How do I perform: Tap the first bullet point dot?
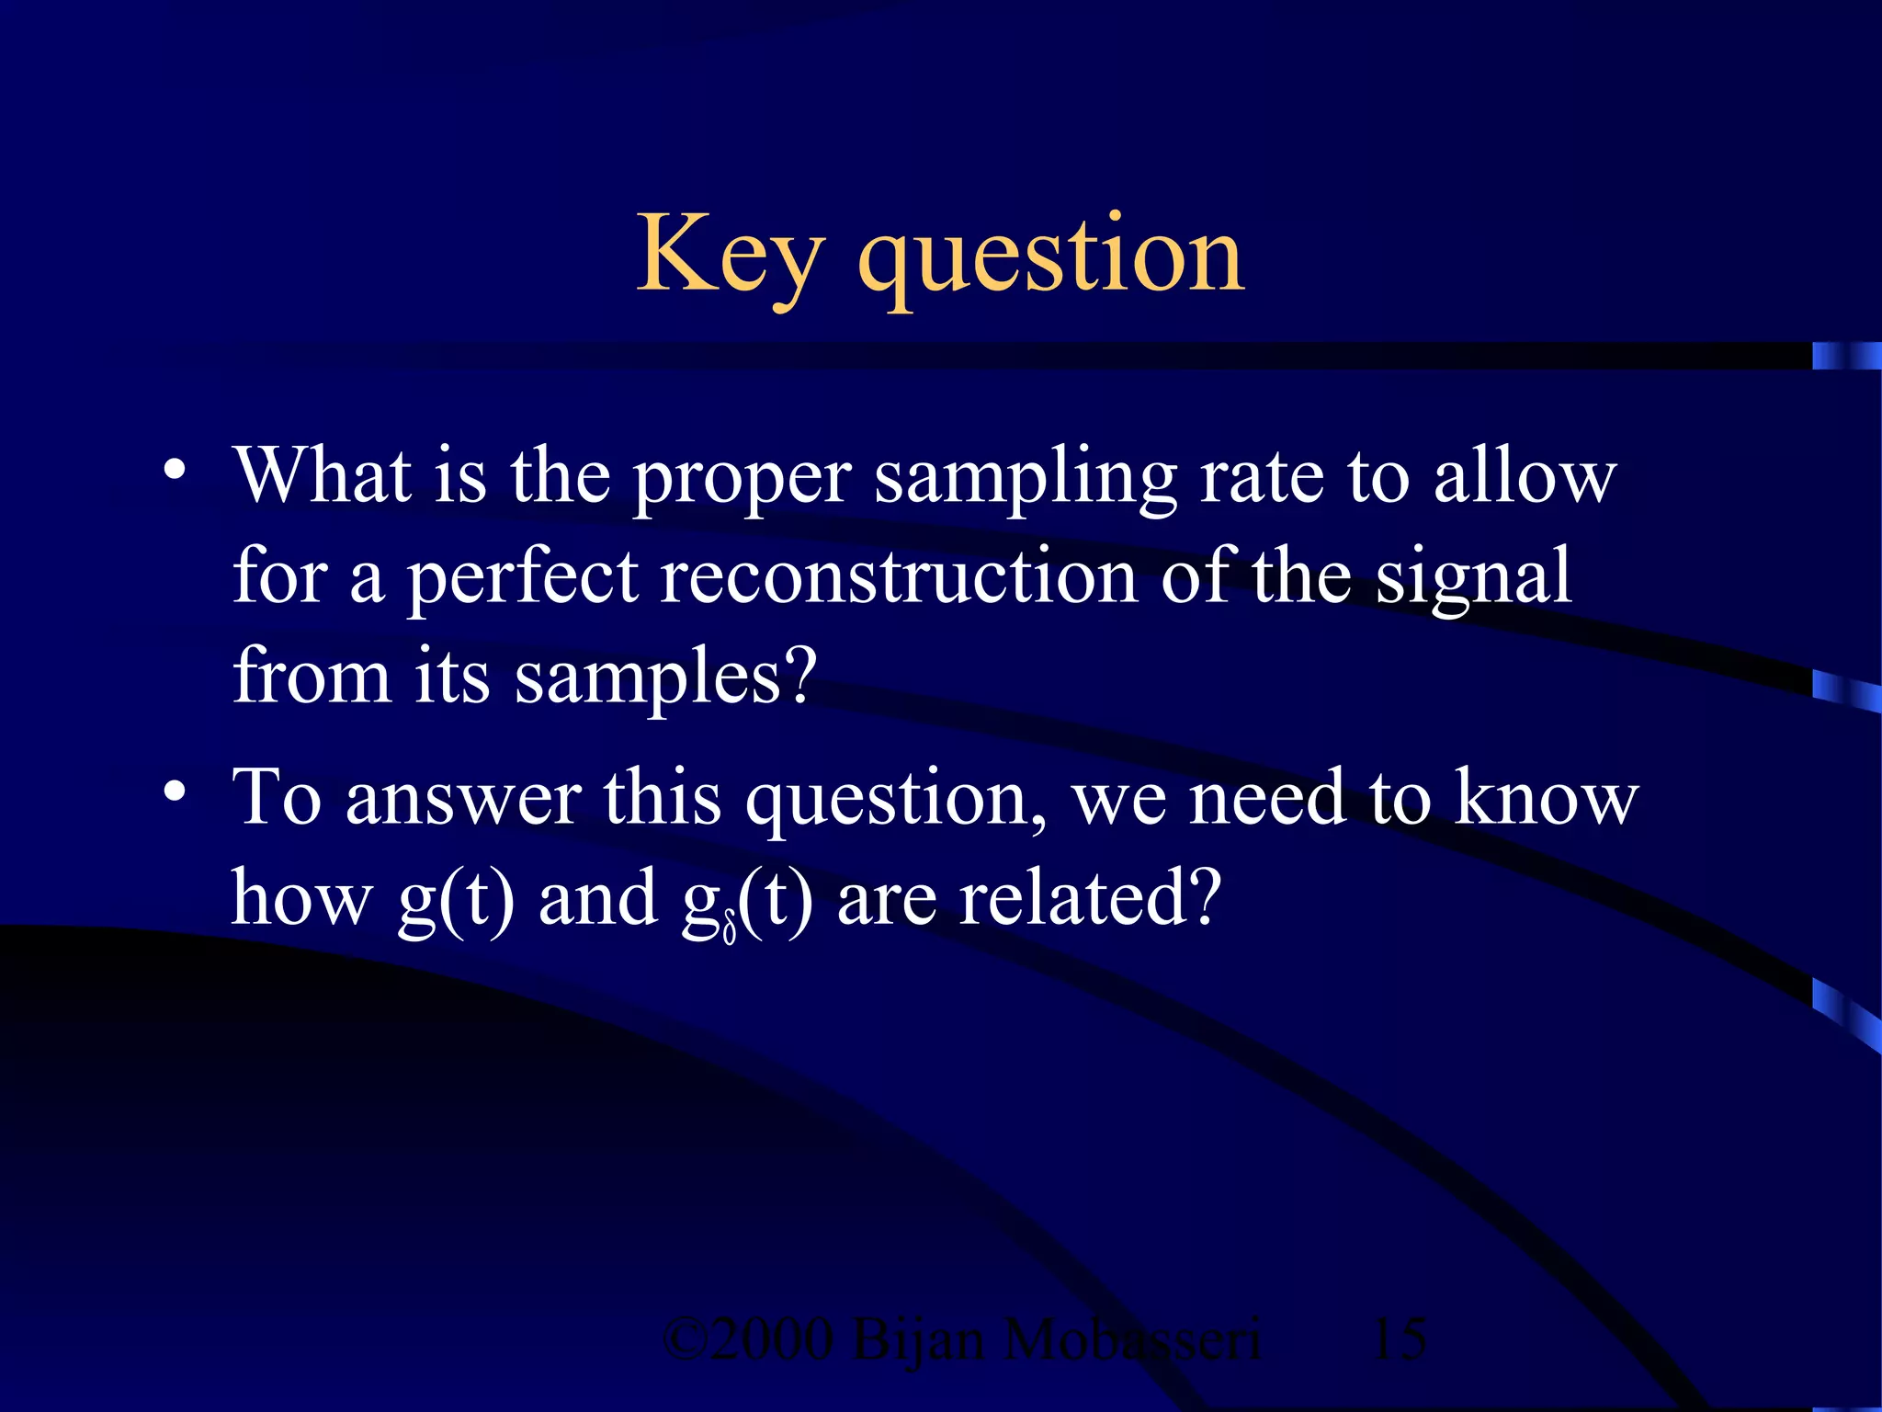[x=174, y=471]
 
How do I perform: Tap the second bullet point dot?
[x=174, y=791]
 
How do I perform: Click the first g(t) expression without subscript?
[x=456, y=900]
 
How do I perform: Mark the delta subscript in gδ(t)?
[x=729, y=930]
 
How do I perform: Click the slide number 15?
[x=1399, y=1338]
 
